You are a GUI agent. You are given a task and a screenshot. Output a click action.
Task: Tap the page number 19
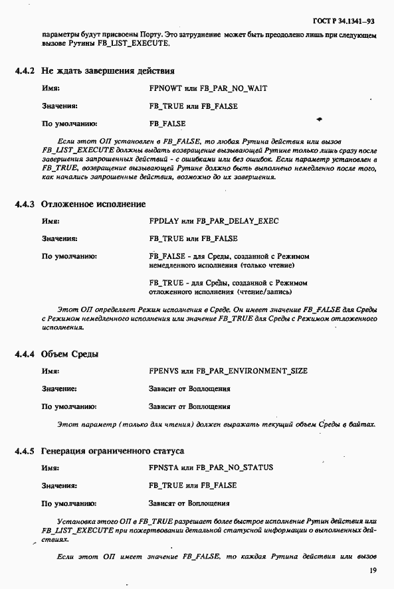pos(373,570)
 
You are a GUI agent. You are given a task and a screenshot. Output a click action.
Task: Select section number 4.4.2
pos(26,70)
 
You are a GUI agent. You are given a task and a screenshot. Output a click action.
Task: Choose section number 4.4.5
pos(26,451)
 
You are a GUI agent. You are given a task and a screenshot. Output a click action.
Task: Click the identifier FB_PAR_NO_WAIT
pos(231,88)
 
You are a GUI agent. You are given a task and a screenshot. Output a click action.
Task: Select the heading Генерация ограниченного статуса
pos(112,451)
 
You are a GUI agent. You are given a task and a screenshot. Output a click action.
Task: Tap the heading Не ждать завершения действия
pos(108,70)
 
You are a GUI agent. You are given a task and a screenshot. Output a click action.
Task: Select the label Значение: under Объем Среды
pos(59,389)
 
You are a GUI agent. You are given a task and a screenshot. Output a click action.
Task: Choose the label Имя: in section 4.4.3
pos(50,221)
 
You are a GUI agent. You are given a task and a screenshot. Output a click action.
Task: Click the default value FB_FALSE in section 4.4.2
pos(167,124)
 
